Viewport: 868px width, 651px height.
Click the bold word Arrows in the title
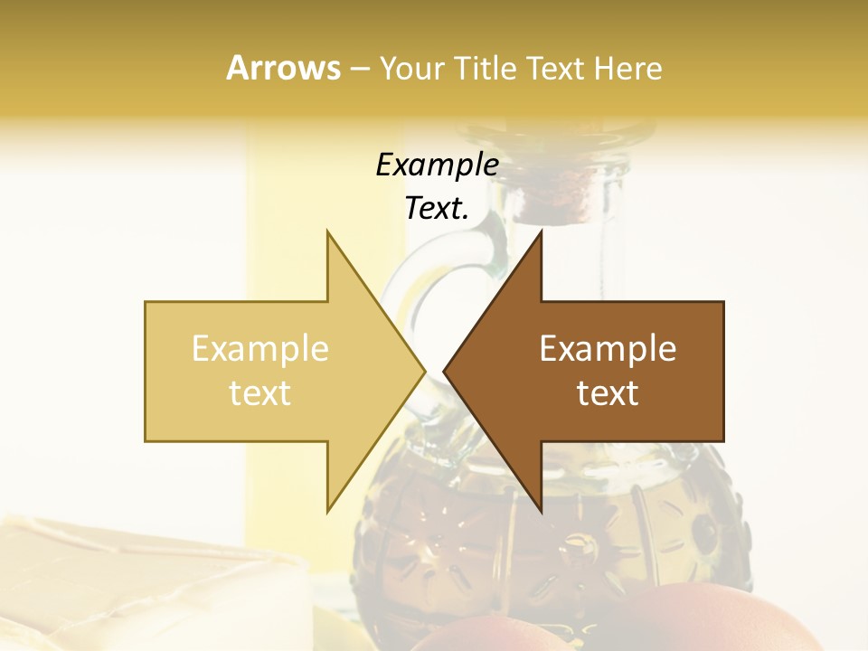[x=284, y=68]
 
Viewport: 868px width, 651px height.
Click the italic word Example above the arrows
[x=437, y=165]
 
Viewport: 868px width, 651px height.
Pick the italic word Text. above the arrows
[x=437, y=208]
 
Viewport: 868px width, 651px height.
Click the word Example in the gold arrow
[x=260, y=349]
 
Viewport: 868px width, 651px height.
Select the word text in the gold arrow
[x=260, y=393]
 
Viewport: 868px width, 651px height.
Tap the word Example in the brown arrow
[x=608, y=349]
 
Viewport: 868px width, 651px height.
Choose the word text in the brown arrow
[x=608, y=393]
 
